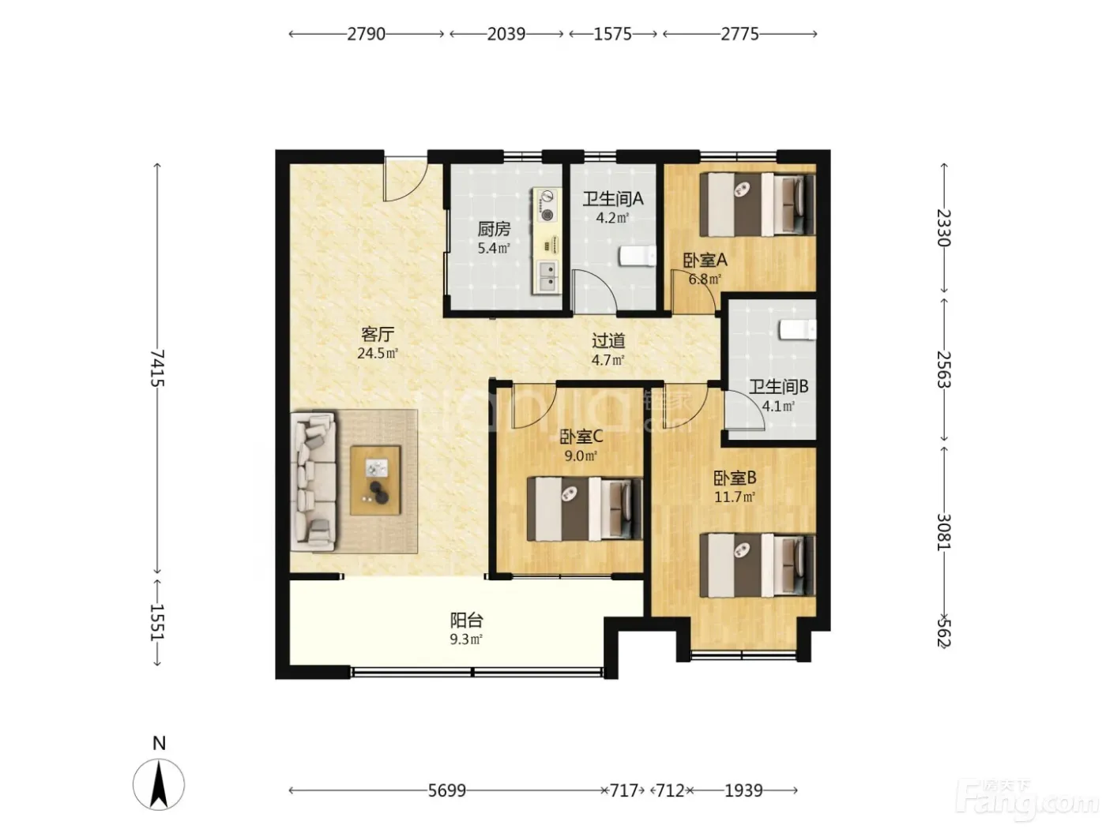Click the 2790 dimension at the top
tap(367, 34)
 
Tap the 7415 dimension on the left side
tap(158, 368)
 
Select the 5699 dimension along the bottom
tap(447, 791)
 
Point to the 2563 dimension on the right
tap(943, 369)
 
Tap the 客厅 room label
tap(378, 334)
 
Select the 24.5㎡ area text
tap(378, 354)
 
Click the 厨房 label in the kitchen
tap(494, 230)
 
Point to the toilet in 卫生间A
tap(638, 256)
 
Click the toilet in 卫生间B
tap(798, 330)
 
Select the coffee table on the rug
tap(376, 481)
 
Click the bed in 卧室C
tap(585, 509)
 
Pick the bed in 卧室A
tap(758, 204)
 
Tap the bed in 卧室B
tap(758, 565)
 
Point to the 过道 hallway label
tap(608, 341)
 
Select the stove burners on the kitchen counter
tap(547, 204)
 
